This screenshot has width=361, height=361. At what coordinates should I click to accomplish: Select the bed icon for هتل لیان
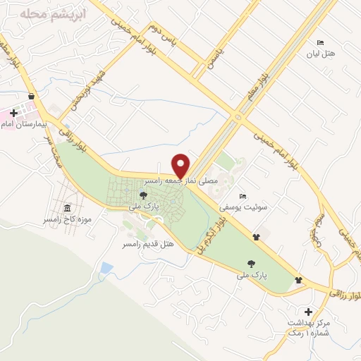[321, 43]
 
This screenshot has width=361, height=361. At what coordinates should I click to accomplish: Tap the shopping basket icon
[31, 96]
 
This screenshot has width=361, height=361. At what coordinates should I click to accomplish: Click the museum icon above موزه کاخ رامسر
[67, 209]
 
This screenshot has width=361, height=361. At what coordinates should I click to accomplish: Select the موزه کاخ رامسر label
[67, 220]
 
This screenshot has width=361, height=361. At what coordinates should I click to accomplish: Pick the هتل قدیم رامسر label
[147, 243]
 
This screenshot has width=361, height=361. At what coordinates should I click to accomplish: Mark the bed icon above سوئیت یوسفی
[243, 196]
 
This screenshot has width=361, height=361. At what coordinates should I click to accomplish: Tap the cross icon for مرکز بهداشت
[308, 311]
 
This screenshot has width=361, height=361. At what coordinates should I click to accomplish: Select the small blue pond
[106, 268]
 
